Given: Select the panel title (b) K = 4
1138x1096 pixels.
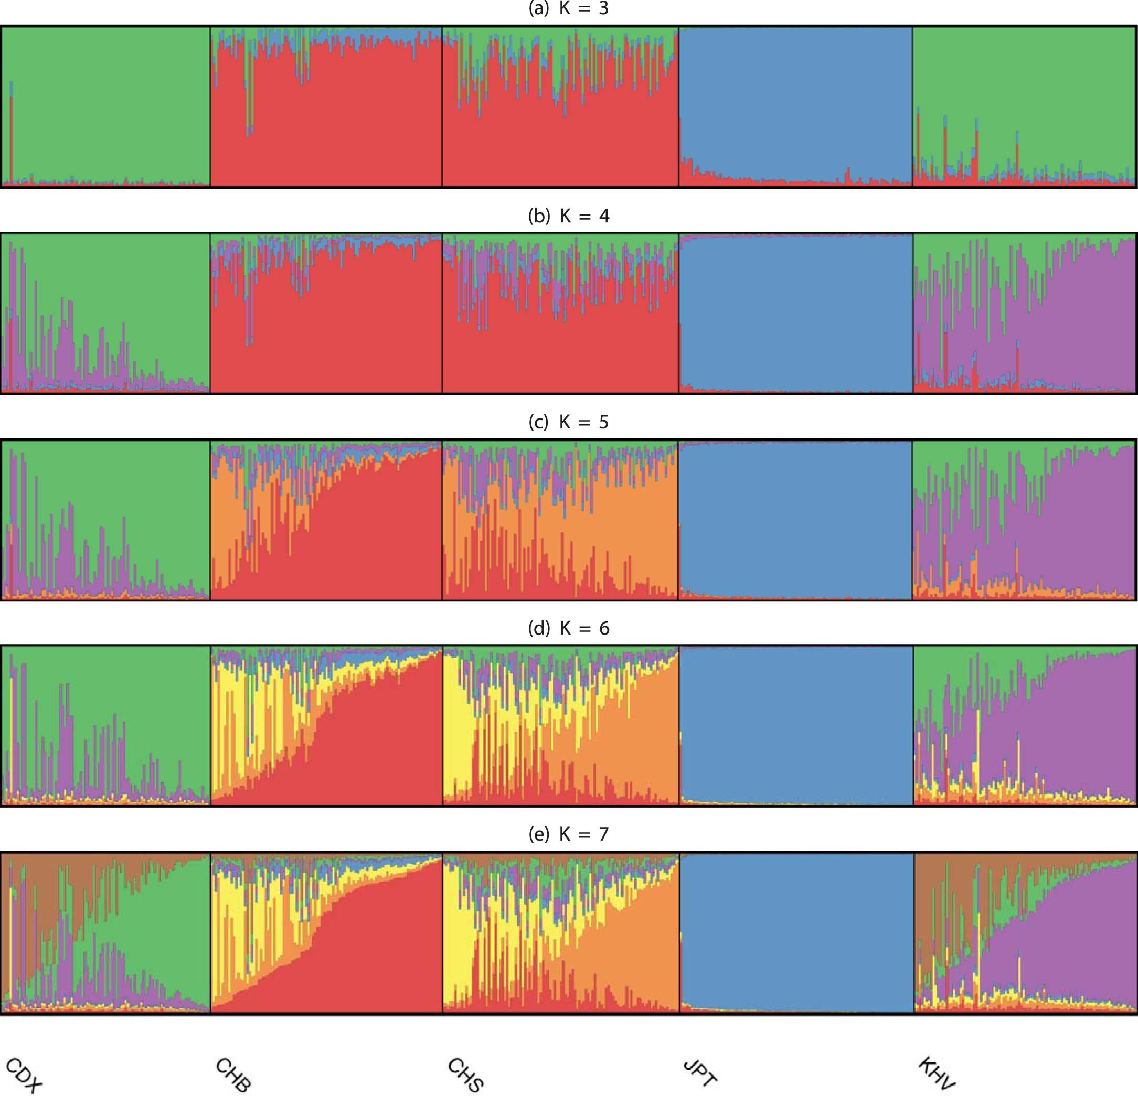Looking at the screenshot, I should [x=568, y=216].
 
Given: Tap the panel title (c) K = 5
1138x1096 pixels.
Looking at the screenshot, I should [x=568, y=422].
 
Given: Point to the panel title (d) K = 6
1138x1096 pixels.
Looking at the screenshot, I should [x=568, y=628].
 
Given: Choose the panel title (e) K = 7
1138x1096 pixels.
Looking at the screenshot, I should [x=568, y=834].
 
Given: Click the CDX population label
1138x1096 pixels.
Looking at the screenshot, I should [x=23, y=1075].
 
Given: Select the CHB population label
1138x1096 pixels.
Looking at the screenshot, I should [x=233, y=1075].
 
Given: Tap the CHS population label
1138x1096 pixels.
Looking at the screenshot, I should [x=466, y=1075].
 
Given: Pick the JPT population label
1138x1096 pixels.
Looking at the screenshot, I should [x=699, y=1072].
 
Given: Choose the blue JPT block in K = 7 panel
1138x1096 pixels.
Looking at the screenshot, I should [x=795, y=928].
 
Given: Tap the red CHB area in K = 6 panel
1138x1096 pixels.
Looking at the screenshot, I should [x=377, y=754].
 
